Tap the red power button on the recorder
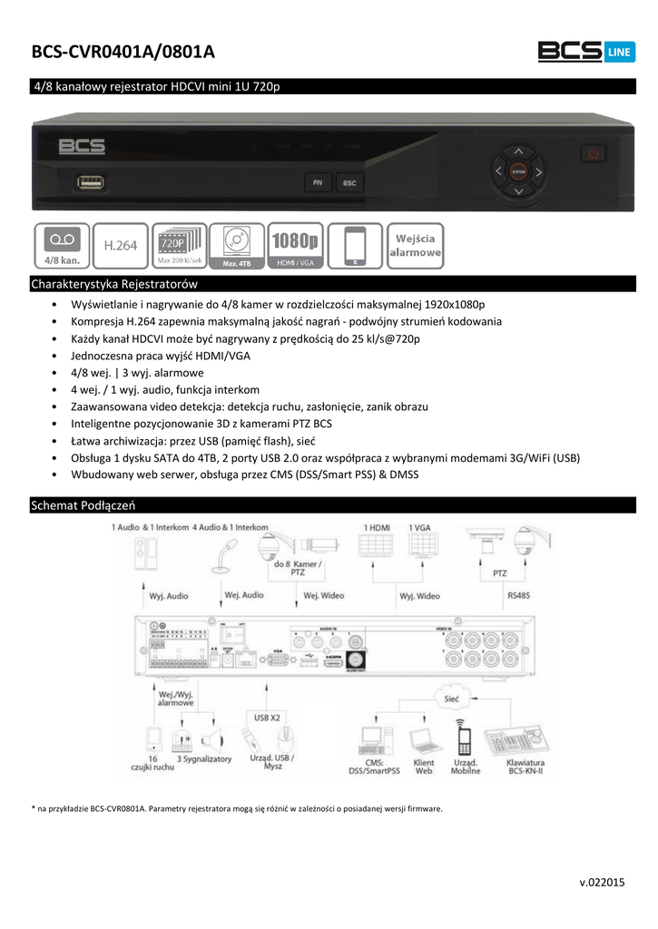(x=594, y=154)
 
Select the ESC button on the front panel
(x=349, y=182)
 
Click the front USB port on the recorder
(x=91, y=181)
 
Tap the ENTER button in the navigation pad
(x=517, y=170)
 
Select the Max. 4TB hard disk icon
(x=236, y=245)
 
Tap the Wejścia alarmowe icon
(x=416, y=245)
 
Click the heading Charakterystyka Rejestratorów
(x=114, y=284)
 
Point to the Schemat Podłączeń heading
(x=83, y=504)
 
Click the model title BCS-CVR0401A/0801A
(x=123, y=54)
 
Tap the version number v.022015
(x=602, y=882)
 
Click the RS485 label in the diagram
(x=519, y=595)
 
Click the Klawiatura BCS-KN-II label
(x=525, y=768)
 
